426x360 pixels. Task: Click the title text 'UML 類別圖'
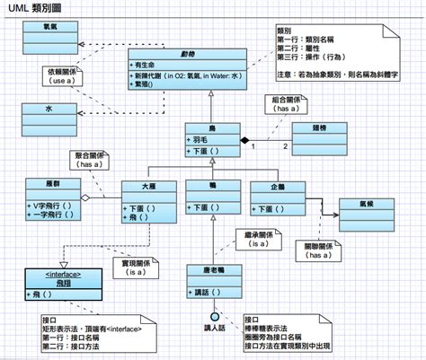(35, 8)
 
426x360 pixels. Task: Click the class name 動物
(186, 54)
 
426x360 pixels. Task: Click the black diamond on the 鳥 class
(243, 140)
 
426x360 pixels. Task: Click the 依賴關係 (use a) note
(61, 74)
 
